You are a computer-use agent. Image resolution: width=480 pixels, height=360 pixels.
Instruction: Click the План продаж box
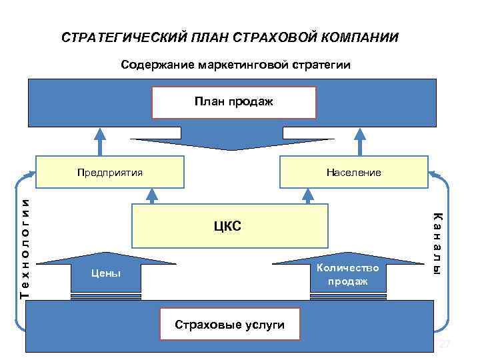pos(233,101)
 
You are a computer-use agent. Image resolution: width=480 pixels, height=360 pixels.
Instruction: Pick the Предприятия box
pos(110,172)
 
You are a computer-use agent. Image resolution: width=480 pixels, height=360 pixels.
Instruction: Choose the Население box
pos(353,172)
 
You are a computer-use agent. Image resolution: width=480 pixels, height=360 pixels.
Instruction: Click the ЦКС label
pos(228,226)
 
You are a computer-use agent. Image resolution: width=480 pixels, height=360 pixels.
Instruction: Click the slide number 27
pos(444,344)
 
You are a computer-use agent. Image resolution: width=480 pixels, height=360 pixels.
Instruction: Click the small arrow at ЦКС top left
pos(152,194)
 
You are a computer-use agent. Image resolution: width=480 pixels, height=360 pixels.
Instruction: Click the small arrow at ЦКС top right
pos(308,194)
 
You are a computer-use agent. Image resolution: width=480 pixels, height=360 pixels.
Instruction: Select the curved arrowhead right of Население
pos(434,175)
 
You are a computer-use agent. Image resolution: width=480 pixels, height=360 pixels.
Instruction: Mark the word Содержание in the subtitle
pos(157,65)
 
